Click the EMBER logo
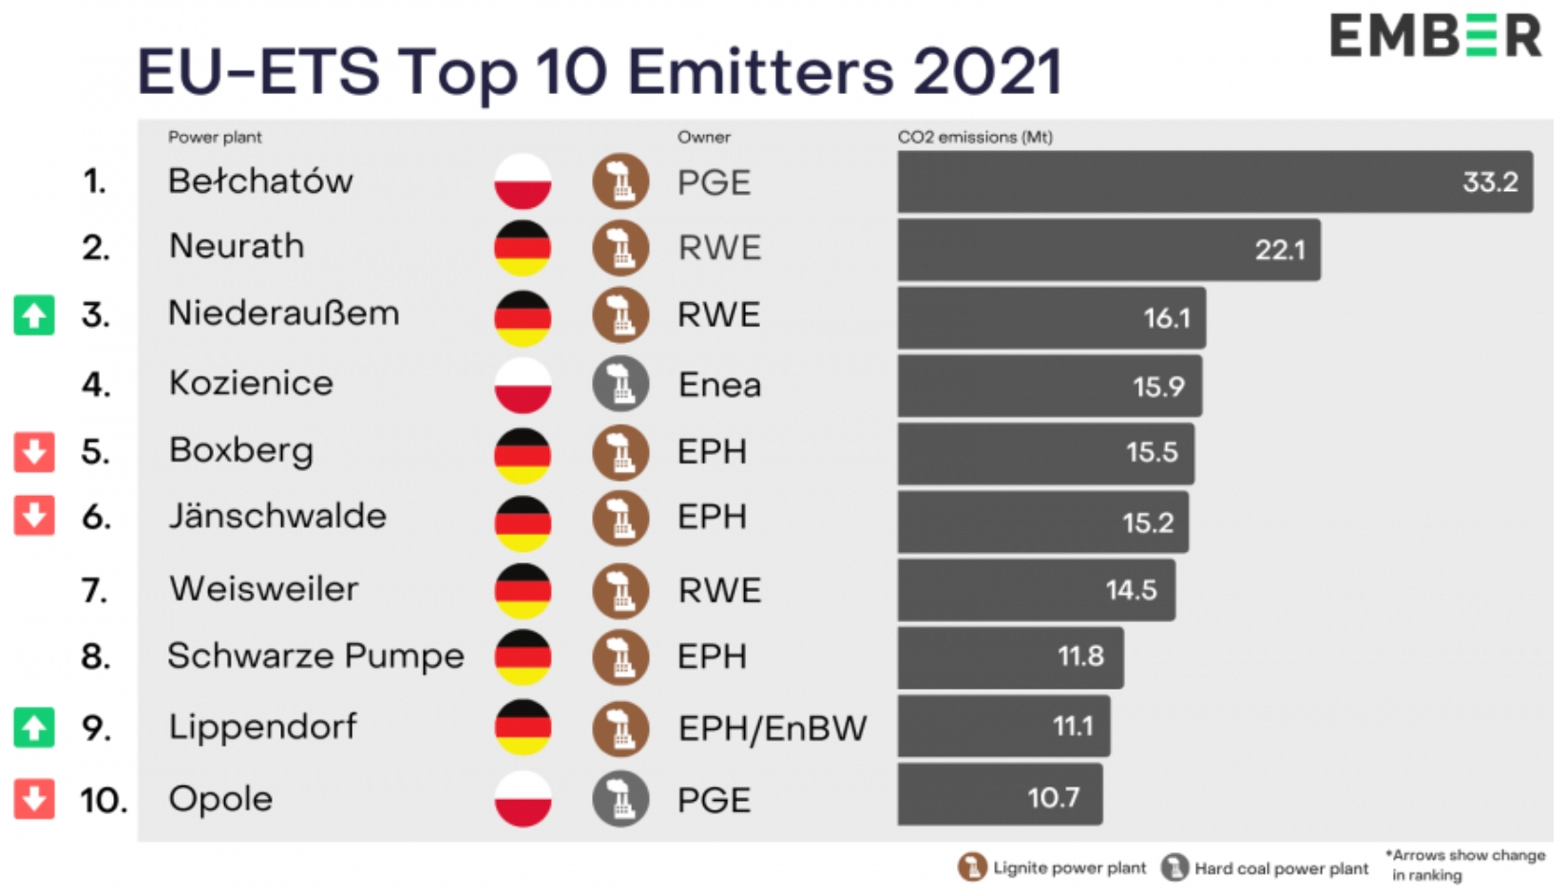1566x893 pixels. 1434,36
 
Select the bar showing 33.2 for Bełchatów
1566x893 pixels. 1214,181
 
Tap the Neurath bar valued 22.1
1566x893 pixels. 1108,250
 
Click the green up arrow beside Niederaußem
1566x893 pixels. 34,315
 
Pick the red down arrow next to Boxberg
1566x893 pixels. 34,452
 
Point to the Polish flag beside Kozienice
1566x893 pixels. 523,385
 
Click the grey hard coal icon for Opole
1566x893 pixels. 621,799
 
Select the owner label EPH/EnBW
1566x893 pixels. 772,729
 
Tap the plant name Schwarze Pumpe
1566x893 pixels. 315,656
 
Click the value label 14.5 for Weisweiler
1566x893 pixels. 1131,590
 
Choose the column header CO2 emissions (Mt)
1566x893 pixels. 975,137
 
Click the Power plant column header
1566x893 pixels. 215,137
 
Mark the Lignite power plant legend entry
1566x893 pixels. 1053,867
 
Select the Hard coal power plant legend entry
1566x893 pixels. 1266,867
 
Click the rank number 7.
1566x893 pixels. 95,591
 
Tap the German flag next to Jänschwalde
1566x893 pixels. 523,522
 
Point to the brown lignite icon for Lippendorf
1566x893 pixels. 621,729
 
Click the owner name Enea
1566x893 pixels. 719,385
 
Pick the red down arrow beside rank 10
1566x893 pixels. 34,799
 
